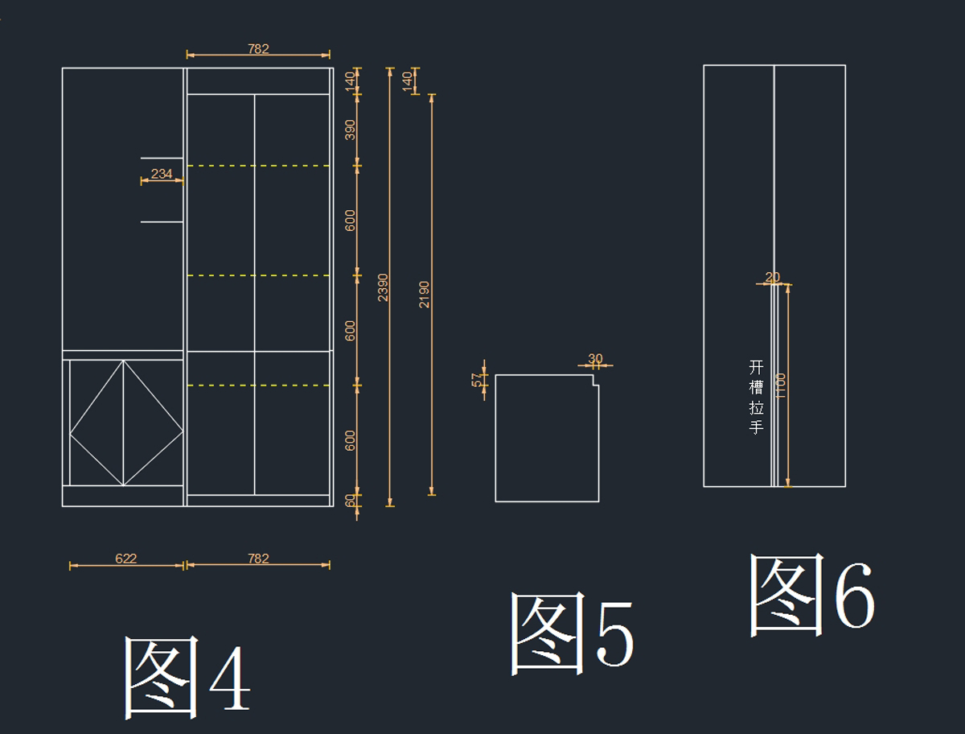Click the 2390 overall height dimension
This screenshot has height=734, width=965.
pos(384,287)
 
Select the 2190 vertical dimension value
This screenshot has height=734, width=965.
pos(425,294)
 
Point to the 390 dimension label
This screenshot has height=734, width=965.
pos(351,130)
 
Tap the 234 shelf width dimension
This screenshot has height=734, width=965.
pos(162,174)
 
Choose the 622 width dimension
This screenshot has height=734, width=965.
pos(126,559)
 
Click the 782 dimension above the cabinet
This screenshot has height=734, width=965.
pos(258,49)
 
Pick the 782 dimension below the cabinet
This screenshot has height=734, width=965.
pos(258,559)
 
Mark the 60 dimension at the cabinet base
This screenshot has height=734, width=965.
pos(351,501)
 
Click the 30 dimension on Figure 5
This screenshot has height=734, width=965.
pos(595,359)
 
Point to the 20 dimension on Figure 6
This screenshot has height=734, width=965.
pos(773,278)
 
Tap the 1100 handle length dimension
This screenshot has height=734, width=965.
pos(781,386)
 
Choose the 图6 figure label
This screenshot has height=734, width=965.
pos(811,593)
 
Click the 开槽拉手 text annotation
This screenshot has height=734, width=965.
pos(756,397)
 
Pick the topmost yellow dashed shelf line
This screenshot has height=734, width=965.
pos(258,166)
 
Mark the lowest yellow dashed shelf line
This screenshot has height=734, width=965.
pos(258,386)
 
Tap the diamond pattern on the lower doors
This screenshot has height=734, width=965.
pos(124,423)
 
